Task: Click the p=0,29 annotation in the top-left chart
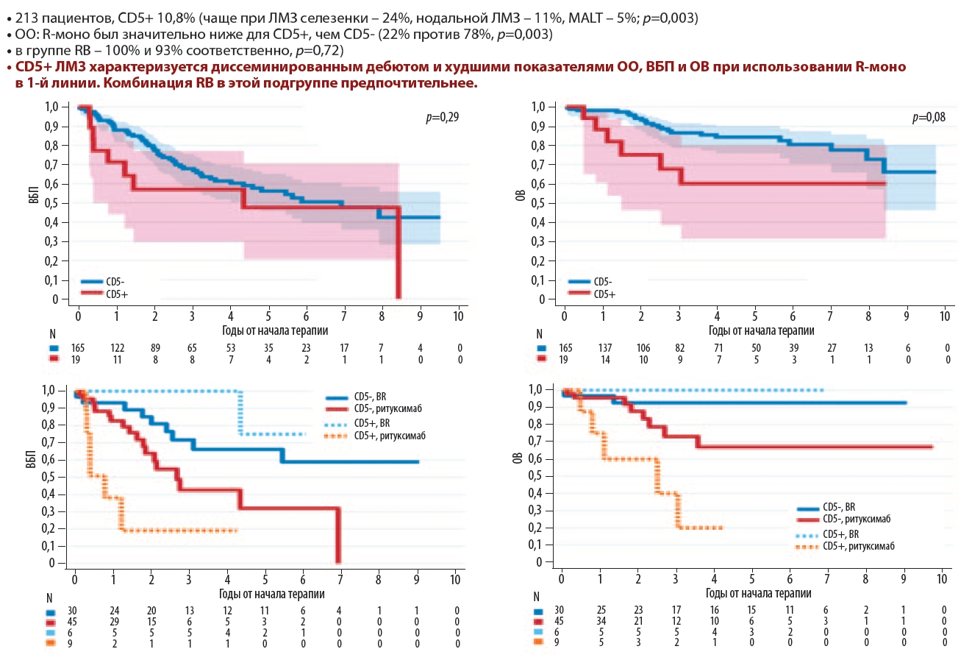click(442, 117)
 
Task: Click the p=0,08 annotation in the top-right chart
click(929, 117)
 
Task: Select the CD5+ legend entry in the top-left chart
click(117, 294)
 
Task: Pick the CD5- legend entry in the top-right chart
click(603, 282)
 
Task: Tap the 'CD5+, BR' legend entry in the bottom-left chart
click(371, 423)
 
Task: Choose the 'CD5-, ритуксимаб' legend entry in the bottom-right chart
click(857, 519)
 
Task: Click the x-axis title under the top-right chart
click(762, 331)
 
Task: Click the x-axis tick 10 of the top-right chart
click(945, 316)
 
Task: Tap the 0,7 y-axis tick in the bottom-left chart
click(48, 442)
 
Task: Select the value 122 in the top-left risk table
click(118, 348)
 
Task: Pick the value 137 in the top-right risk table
click(604, 348)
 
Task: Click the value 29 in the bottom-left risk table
click(114, 622)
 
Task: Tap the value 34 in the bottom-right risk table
click(601, 622)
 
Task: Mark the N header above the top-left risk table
click(53, 335)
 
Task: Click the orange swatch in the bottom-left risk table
click(50, 643)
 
